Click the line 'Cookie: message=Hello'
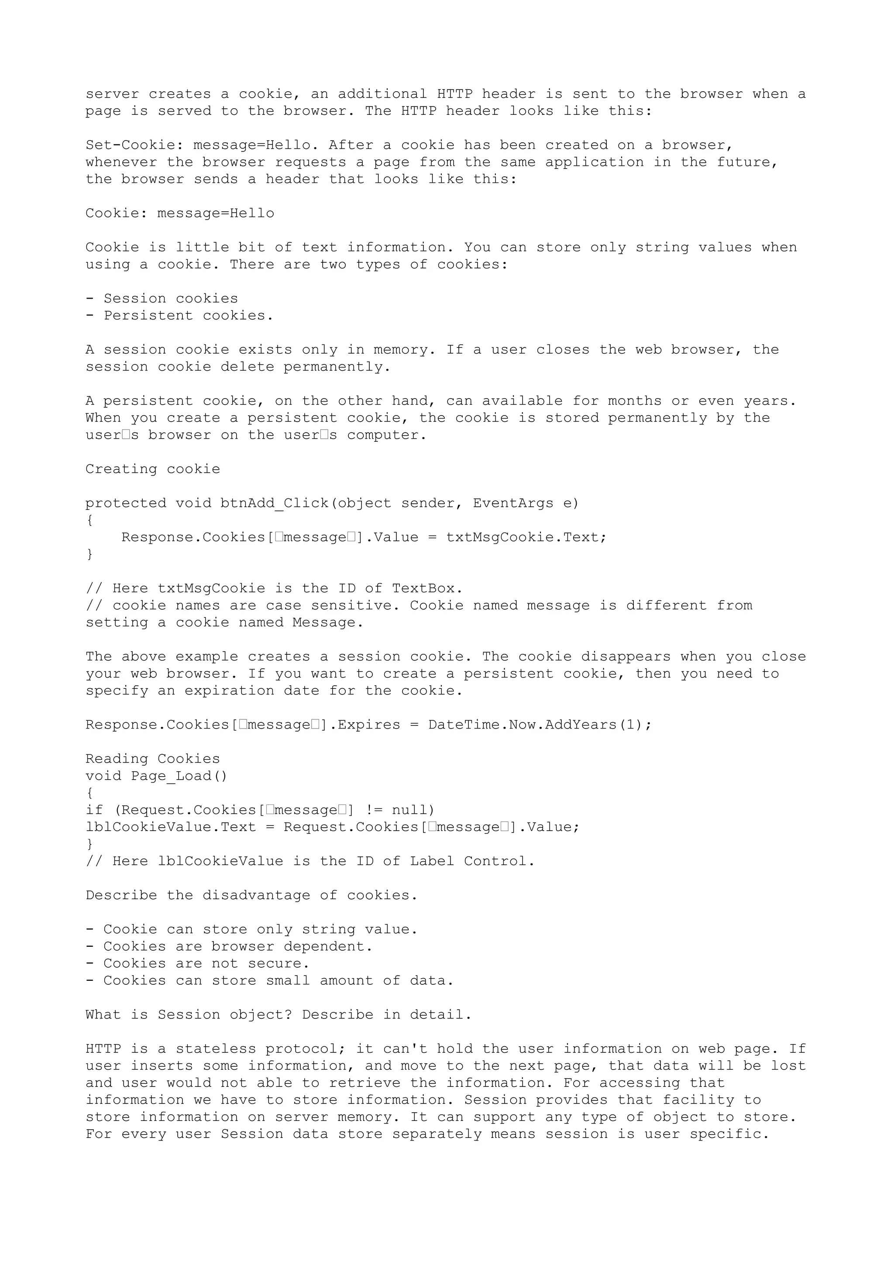point(179,213)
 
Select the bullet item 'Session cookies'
point(171,299)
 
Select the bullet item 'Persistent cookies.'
point(189,316)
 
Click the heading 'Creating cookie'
point(153,469)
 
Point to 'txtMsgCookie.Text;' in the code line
point(526,537)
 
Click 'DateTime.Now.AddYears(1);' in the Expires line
point(540,725)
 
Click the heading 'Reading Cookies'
point(153,759)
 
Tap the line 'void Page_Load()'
point(156,776)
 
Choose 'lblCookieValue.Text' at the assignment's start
point(171,827)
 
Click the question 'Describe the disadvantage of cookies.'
point(251,895)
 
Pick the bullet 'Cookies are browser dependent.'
point(238,946)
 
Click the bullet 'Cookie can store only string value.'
point(261,929)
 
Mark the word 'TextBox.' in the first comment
point(427,588)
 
